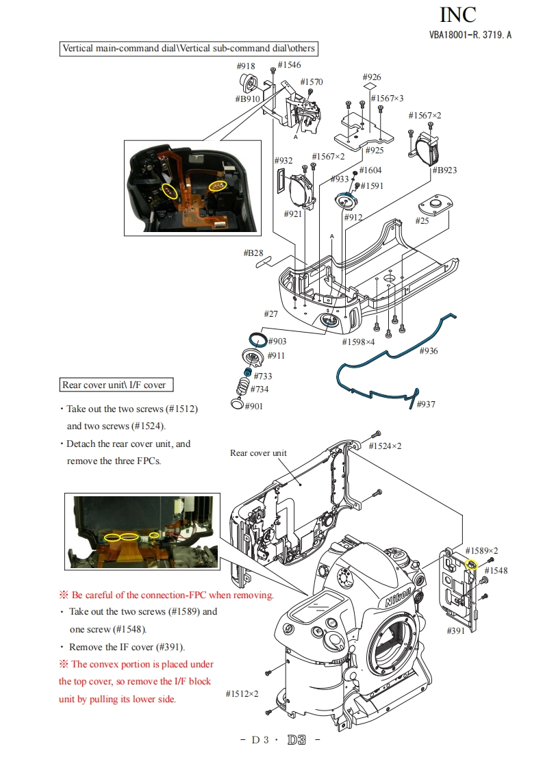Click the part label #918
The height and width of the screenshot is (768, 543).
[246, 66]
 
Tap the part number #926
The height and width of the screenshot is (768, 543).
[372, 77]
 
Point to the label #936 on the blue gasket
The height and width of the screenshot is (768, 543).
[429, 351]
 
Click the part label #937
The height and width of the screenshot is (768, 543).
[426, 404]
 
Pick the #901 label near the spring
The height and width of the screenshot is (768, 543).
[253, 406]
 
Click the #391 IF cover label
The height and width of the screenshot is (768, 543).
[455, 630]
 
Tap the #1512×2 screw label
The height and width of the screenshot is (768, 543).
[242, 694]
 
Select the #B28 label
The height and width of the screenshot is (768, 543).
[253, 253]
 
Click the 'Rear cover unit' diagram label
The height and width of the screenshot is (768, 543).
[258, 453]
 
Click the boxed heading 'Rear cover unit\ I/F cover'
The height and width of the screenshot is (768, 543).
[114, 385]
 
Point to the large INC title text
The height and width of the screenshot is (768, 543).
[457, 14]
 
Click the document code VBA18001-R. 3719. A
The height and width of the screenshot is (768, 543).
[470, 35]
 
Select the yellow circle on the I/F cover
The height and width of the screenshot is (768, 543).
[471, 565]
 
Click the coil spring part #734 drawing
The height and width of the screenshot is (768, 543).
[242, 387]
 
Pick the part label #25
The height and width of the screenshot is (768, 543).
[422, 220]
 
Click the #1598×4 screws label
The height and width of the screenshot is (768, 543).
[359, 342]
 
